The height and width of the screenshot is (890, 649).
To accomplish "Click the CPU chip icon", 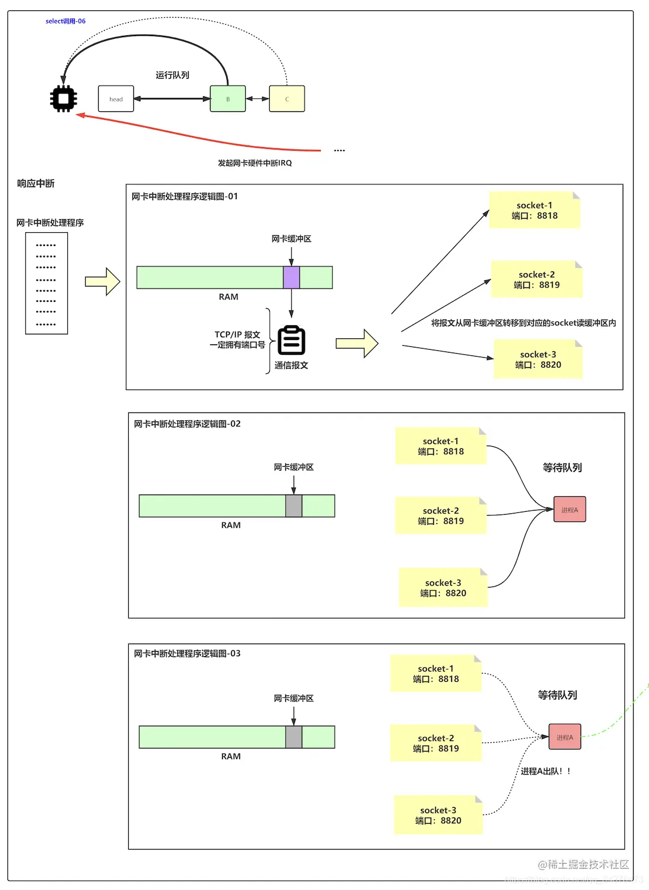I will click(x=63, y=99).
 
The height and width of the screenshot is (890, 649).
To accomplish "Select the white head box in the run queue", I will click(x=116, y=99).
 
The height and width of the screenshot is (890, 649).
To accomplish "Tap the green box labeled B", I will click(x=228, y=99).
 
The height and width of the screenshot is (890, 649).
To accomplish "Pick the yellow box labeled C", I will click(x=287, y=99).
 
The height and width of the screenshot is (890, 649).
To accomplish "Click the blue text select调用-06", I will click(x=66, y=21).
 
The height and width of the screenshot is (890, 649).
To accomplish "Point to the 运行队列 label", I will click(x=172, y=75).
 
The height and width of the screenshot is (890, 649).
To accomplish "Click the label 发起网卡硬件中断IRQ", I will click(x=254, y=163).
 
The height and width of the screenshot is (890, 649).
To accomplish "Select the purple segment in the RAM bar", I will click(x=291, y=277).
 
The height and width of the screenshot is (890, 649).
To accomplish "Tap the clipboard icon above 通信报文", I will click(x=291, y=341).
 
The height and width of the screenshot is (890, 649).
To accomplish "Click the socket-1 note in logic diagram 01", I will click(x=534, y=211).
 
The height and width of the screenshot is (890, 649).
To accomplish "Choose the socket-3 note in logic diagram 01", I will click(x=538, y=359).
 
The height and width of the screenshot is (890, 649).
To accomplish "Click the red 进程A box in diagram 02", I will click(x=569, y=509).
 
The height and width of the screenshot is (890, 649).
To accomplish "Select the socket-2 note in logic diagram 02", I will click(x=440, y=516).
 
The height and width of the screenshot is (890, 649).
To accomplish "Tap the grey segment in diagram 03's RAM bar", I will click(x=294, y=737).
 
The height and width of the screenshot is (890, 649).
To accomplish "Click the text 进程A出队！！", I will click(x=545, y=771).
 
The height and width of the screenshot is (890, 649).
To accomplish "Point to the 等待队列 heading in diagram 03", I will click(x=557, y=695).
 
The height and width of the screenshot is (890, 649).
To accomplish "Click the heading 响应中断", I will click(x=35, y=184).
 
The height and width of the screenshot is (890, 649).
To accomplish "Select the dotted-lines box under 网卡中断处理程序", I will click(x=46, y=284).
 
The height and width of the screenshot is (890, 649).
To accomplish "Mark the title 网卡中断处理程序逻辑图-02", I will click(x=187, y=424).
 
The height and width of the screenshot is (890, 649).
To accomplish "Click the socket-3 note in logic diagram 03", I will click(x=438, y=815).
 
